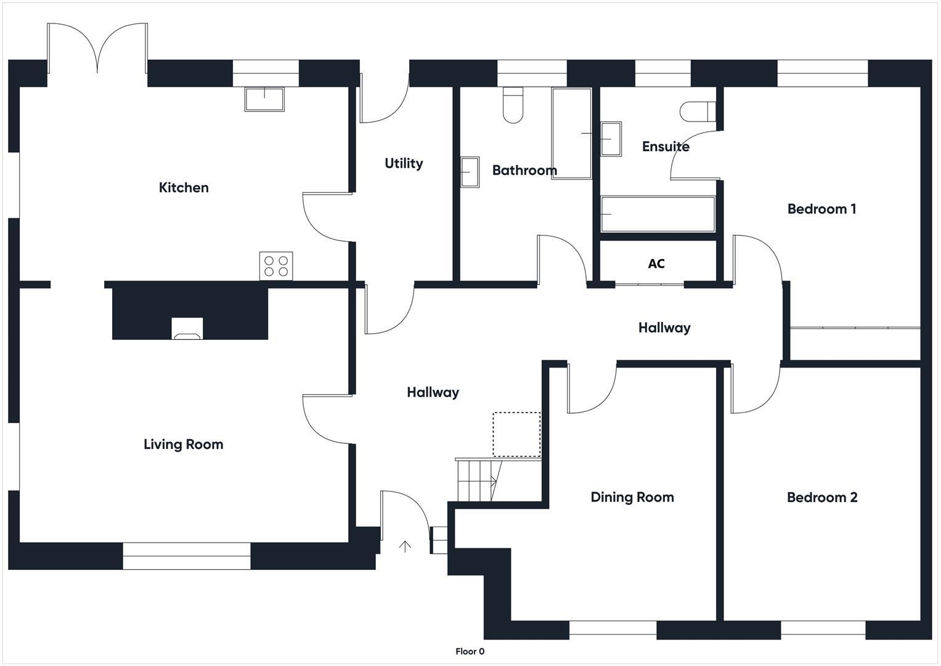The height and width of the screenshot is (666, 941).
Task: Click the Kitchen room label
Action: [x=184, y=187]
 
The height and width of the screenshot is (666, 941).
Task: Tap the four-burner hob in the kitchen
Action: [x=275, y=266]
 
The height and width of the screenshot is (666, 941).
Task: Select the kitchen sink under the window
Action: [x=264, y=99]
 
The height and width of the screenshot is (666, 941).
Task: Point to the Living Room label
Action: [x=183, y=445]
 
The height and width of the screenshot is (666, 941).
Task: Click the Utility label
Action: [x=404, y=163]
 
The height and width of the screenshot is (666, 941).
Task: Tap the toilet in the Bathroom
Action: [x=513, y=105]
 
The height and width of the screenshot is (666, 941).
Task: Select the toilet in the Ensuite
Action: [x=697, y=112]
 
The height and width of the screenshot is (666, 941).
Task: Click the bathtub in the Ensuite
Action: [x=658, y=214]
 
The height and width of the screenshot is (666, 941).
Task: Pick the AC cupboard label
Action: [x=656, y=264]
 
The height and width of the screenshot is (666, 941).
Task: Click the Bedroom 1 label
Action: [x=821, y=209]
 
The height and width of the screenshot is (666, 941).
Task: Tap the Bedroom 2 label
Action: [x=822, y=498]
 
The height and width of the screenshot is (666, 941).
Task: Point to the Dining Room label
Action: [x=632, y=497]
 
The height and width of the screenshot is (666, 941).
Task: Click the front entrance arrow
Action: [x=405, y=546]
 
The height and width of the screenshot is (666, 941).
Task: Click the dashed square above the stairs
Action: [x=516, y=435]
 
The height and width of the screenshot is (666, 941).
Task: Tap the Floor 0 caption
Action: [x=470, y=651]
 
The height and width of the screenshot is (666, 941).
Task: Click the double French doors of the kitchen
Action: [x=97, y=49]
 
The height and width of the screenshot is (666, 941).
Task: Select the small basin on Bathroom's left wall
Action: [x=470, y=171]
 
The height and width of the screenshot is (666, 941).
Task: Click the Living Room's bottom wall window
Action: [x=187, y=556]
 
